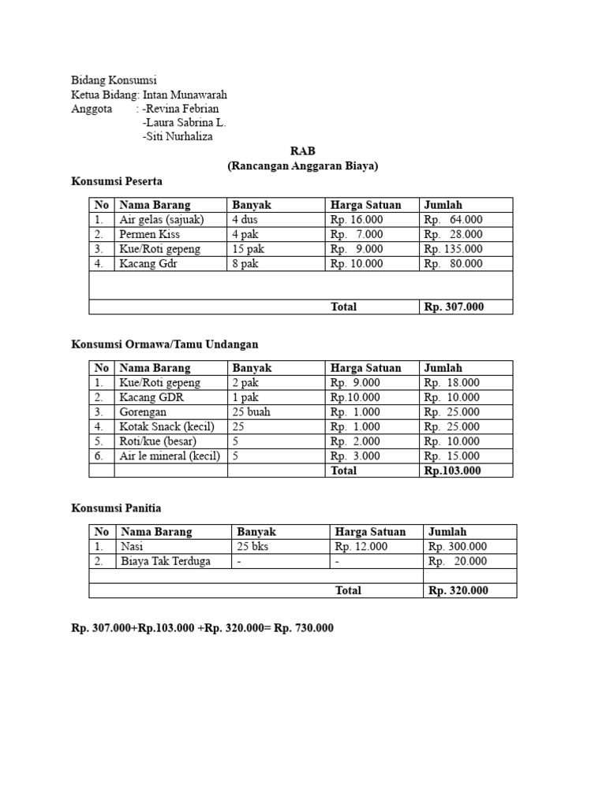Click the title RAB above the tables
click(x=302, y=151)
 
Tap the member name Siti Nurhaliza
click(x=178, y=136)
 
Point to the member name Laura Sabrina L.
click(x=184, y=123)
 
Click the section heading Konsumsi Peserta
click(x=117, y=180)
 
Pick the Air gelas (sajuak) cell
click(x=161, y=220)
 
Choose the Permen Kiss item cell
click(x=150, y=234)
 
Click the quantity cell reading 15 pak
click(x=249, y=249)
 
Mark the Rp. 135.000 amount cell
click(x=454, y=249)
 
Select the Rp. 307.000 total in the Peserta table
click(x=454, y=307)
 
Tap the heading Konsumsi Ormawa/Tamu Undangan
click(x=165, y=344)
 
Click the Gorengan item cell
click(x=144, y=412)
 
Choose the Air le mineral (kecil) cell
click(x=170, y=456)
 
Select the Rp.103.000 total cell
click(x=452, y=470)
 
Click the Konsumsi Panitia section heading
click(x=116, y=508)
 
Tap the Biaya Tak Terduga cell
click(x=166, y=561)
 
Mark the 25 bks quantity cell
click(x=252, y=546)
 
